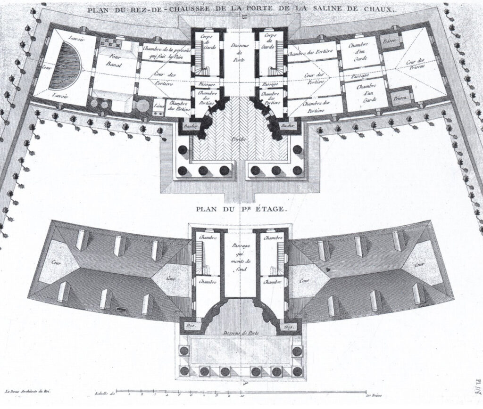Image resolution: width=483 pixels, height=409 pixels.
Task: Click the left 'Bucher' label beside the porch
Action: coord(192,126)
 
